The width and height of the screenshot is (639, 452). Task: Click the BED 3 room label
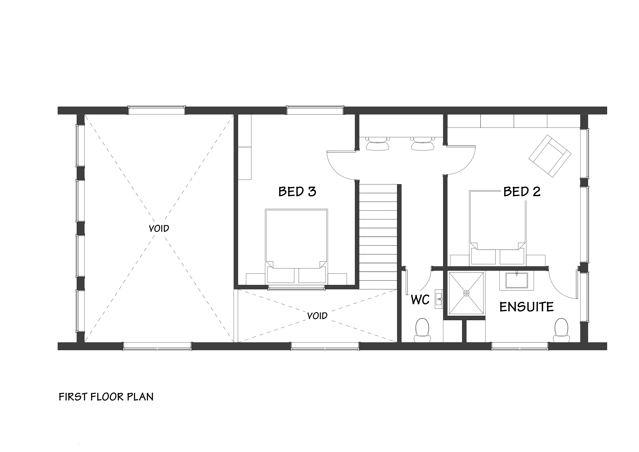click(x=297, y=192)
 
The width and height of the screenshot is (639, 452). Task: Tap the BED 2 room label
click(x=522, y=192)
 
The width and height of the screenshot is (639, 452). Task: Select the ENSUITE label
click(x=526, y=307)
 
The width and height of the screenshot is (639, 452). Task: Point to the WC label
click(x=420, y=300)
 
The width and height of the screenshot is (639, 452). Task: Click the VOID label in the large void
click(x=159, y=229)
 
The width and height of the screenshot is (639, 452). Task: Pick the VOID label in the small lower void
click(x=317, y=316)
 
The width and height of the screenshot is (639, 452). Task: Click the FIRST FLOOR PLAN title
click(x=106, y=397)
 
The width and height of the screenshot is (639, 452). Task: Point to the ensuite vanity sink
click(x=517, y=280)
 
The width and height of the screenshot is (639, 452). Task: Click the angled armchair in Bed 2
click(x=550, y=156)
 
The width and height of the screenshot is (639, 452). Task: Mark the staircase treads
click(x=378, y=237)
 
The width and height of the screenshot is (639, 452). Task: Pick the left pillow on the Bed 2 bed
click(x=483, y=256)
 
